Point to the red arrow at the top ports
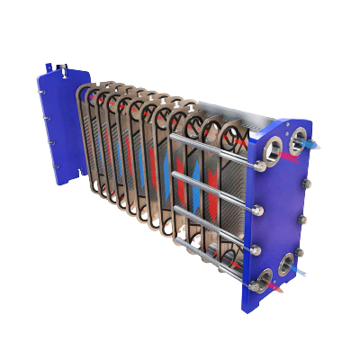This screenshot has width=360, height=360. tap(290, 157)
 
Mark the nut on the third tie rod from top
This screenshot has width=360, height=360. tap(256, 247)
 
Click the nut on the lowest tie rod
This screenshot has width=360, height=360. tap(253, 286)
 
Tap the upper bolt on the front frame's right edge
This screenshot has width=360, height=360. tap(307, 185)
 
